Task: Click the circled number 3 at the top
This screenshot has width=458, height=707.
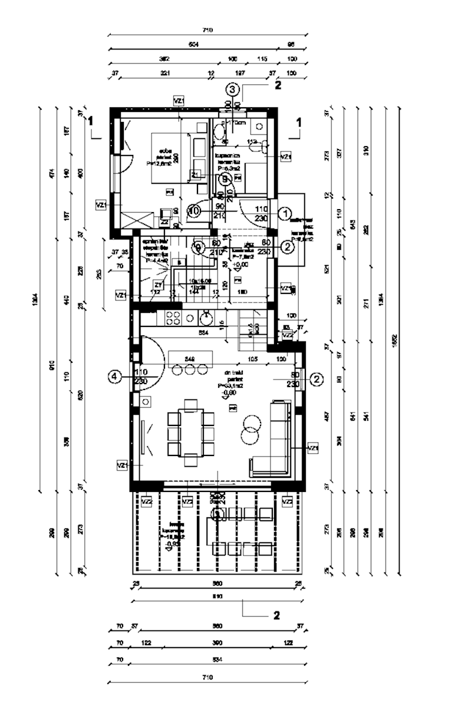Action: coord(232,90)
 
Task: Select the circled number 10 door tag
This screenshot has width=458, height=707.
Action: coord(195,210)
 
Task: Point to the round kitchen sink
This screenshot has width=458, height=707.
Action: coord(206,319)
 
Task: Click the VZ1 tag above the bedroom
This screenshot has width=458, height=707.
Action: coord(180,101)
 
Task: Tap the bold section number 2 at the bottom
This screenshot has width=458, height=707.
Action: coord(276,615)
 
